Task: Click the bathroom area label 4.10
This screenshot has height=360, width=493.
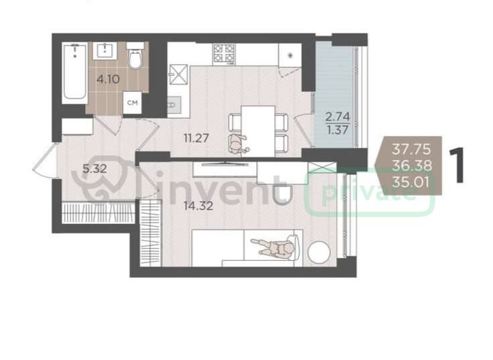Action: pyautogui.click(x=108, y=79)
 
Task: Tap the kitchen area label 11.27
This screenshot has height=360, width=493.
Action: pyautogui.click(x=197, y=137)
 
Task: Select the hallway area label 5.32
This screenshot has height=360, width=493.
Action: pyautogui.click(x=95, y=169)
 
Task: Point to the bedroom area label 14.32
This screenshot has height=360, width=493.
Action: pyautogui.click(x=199, y=206)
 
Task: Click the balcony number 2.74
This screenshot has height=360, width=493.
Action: pyautogui.click(x=337, y=117)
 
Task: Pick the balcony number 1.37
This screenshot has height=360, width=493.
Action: pyautogui.click(x=337, y=130)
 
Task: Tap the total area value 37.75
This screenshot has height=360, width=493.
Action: pyautogui.click(x=411, y=149)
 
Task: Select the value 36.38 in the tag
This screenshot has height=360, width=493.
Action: pyautogui.click(x=412, y=166)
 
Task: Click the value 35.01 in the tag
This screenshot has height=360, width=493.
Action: pyautogui.click(x=410, y=182)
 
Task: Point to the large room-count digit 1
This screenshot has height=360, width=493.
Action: pyautogui.click(x=457, y=165)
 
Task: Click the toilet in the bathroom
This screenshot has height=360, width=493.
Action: pyautogui.click(x=135, y=56)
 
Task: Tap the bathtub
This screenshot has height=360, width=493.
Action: pyautogui.click(x=74, y=73)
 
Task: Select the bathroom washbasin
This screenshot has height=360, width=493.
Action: pyautogui.click(x=105, y=50)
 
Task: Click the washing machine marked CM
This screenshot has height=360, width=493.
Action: pyautogui.click(x=132, y=103)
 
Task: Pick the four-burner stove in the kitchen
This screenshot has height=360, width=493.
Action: pyautogui.click(x=224, y=54)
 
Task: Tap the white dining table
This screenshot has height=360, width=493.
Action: pyautogui.click(x=258, y=131)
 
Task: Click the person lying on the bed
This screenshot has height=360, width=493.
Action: pyautogui.click(x=273, y=247)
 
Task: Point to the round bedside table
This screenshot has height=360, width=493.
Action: pyautogui.click(x=319, y=252)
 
